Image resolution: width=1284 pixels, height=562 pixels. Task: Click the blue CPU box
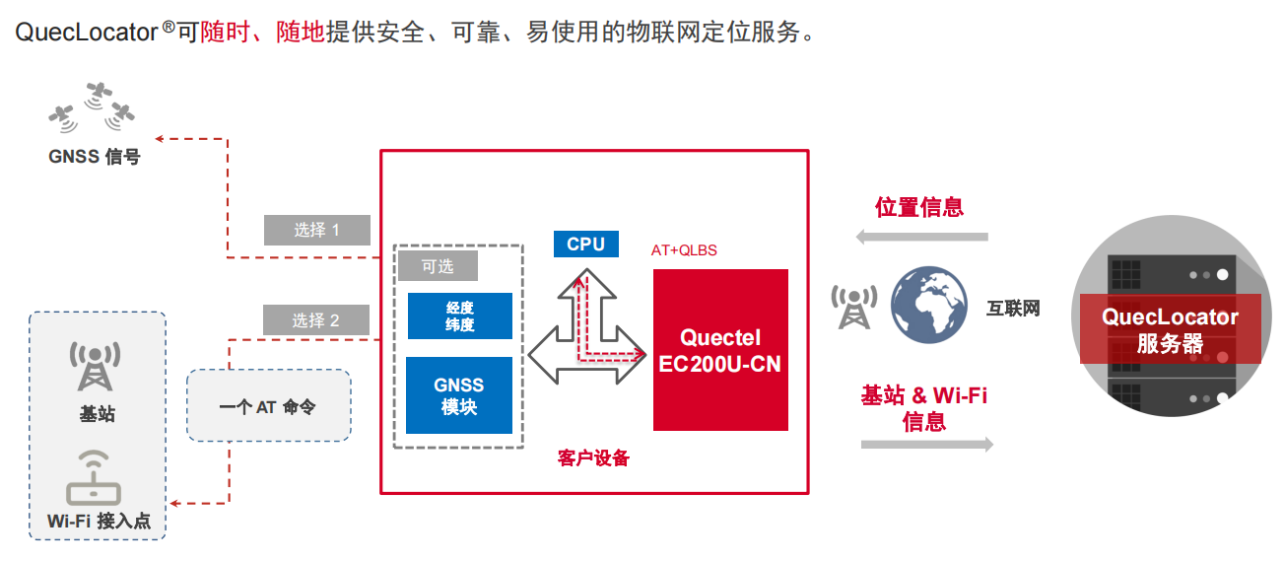tap(585, 244)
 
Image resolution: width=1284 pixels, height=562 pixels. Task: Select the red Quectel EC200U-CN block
tap(720, 350)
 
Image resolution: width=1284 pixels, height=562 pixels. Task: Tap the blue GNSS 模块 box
tap(459, 395)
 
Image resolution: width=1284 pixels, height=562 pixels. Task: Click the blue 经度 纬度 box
tap(459, 316)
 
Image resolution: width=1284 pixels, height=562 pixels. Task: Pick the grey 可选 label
tap(438, 265)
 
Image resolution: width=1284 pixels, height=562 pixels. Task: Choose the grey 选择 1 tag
tap(316, 230)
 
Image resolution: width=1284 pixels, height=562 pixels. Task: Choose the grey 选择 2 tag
tap(315, 319)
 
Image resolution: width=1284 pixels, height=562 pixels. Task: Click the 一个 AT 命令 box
tap(268, 405)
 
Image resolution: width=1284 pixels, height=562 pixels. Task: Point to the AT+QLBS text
tap(684, 250)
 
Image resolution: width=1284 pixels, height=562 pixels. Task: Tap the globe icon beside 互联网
tap(928, 307)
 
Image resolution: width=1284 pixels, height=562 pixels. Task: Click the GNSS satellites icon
tap(92, 108)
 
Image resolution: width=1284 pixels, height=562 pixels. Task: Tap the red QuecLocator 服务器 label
tap(1170, 330)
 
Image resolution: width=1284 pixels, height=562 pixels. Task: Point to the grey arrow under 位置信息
tap(921, 237)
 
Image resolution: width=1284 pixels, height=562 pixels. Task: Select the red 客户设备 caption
tap(593, 458)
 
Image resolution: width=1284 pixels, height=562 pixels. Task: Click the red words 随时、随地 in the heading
tap(262, 32)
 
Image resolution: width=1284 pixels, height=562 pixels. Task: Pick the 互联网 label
tap(1013, 308)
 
